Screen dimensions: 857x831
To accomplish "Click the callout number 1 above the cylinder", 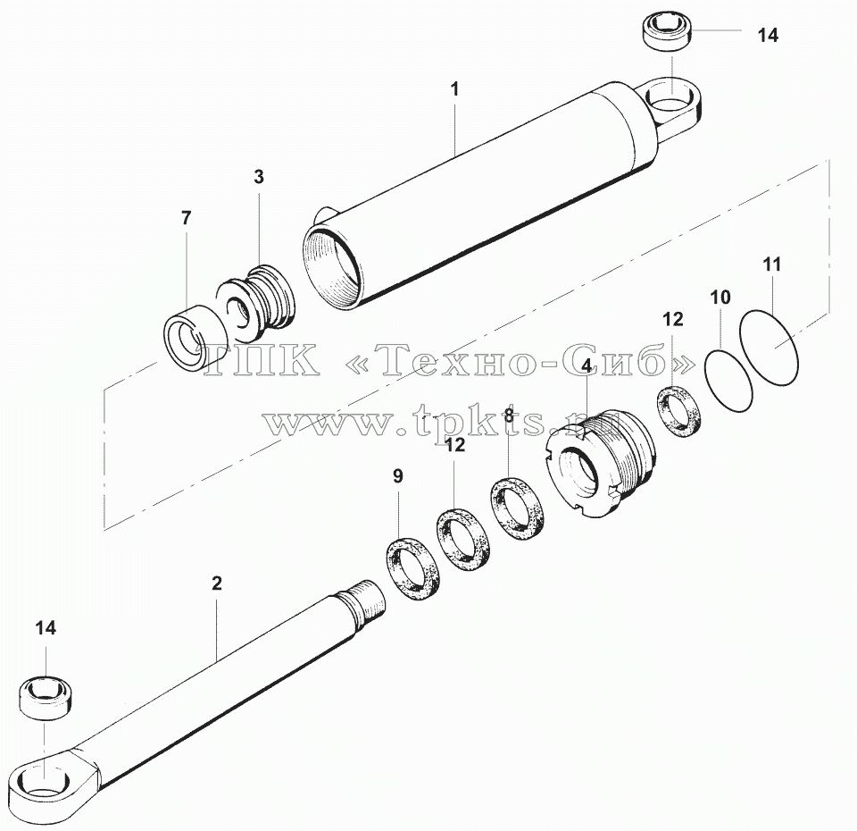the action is pyautogui.click(x=454, y=89).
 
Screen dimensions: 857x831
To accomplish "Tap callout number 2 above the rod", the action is pyautogui.click(x=217, y=583).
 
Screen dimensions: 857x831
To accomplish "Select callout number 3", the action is pyautogui.click(x=259, y=177).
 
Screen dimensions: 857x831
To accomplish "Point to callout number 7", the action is pyautogui.click(x=187, y=218).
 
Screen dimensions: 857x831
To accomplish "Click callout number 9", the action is pyautogui.click(x=398, y=476).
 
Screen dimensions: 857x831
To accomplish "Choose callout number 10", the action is pyautogui.click(x=720, y=298).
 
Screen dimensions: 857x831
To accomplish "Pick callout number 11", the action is pyautogui.click(x=772, y=264).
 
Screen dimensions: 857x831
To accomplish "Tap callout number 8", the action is pyautogui.click(x=509, y=415).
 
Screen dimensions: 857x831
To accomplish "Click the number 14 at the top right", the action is pyautogui.click(x=768, y=35).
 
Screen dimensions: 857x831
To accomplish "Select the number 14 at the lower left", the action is pyautogui.click(x=46, y=628).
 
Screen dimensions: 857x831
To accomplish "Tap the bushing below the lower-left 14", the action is pyautogui.click(x=47, y=697).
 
